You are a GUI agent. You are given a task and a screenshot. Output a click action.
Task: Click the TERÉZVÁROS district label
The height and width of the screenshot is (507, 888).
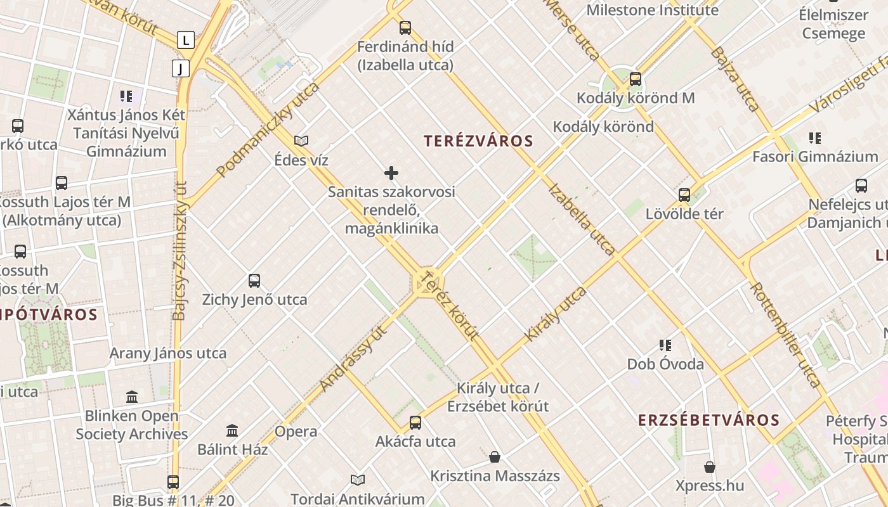[x=478, y=141]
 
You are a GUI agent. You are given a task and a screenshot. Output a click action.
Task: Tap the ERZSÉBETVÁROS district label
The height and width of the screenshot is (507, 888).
[x=708, y=420]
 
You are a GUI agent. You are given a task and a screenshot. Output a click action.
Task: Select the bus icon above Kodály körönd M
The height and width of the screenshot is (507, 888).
[x=635, y=79]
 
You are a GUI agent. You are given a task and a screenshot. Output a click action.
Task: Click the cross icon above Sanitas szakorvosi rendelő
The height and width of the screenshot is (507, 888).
[x=391, y=172]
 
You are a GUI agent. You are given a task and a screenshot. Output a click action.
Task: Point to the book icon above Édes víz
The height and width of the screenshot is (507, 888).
[x=301, y=141]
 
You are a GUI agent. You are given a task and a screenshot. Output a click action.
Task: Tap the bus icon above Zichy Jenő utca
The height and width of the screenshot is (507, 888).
[x=254, y=280]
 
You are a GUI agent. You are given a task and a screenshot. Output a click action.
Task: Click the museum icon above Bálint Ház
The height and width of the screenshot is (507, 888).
[x=232, y=430]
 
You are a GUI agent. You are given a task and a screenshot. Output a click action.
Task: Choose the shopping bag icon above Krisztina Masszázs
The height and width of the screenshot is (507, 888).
[x=495, y=457]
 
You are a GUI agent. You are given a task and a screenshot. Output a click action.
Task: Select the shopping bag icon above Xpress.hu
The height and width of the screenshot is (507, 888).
[x=709, y=467]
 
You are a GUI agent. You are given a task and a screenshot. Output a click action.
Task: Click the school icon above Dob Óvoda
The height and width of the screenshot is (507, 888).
[x=665, y=345]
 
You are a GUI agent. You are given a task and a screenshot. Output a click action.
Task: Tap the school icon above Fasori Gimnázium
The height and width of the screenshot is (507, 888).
[x=815, y=138]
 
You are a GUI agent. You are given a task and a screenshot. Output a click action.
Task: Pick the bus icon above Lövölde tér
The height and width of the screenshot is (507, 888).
[x=684, y=195]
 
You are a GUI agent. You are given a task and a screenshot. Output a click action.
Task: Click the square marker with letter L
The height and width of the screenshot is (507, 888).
[x=185, y=41]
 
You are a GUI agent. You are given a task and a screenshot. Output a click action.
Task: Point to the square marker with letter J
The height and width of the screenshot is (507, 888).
[x=181, y=68]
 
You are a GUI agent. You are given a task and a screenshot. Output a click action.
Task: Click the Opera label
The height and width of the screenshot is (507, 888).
[x=296, y=432]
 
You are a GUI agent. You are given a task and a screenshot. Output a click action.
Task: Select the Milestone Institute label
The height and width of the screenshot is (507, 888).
[x=652, y=10]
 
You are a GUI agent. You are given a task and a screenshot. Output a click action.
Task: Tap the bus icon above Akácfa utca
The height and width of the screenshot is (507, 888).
[x=415, y=422]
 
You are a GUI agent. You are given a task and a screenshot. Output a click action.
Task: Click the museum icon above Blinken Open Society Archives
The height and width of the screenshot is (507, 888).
[x=132, y=397]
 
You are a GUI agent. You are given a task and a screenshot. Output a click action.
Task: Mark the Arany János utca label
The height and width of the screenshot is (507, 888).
[x=168, y=353]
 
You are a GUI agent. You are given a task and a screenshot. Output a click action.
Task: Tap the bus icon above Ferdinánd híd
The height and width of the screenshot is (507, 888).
[x=405, y=28]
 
